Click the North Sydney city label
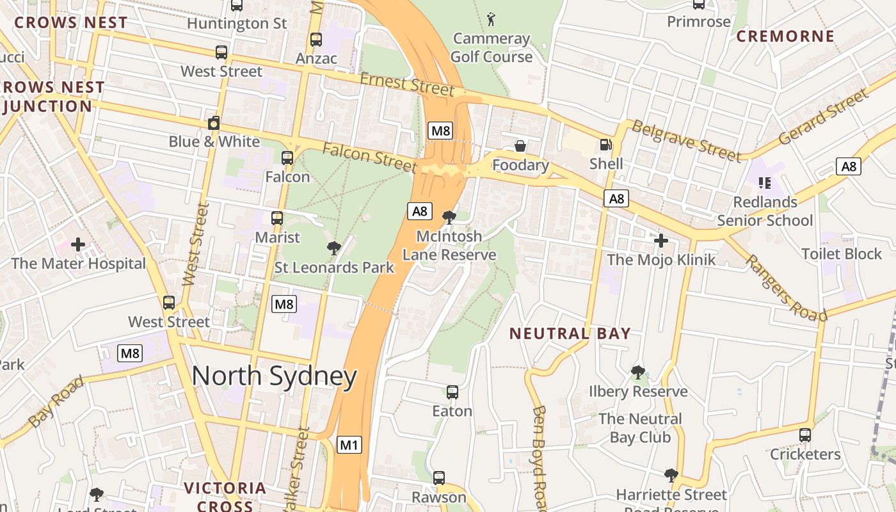(x=274, y=376)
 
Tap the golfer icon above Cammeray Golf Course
(x=491, y=19)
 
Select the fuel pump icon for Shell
(x=605, y=145)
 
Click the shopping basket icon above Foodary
(x=520, y=147)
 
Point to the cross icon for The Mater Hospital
(x=78, y=244)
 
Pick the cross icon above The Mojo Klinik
(x=661, y=241)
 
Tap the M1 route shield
(x=349, y=444)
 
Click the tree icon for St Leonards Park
(x=333, y=248)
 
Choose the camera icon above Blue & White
(x=214, y=123)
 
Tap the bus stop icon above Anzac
(x=316, y=40)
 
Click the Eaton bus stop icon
(x=452, y=392)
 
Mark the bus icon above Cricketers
(x=805, y=435)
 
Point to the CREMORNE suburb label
(x=785, y=36)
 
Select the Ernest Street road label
(x=406, y=84)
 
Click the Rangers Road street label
(x=786, y=288)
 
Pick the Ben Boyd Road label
(x=539, y=458)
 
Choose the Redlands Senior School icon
(x=764, y=183)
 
